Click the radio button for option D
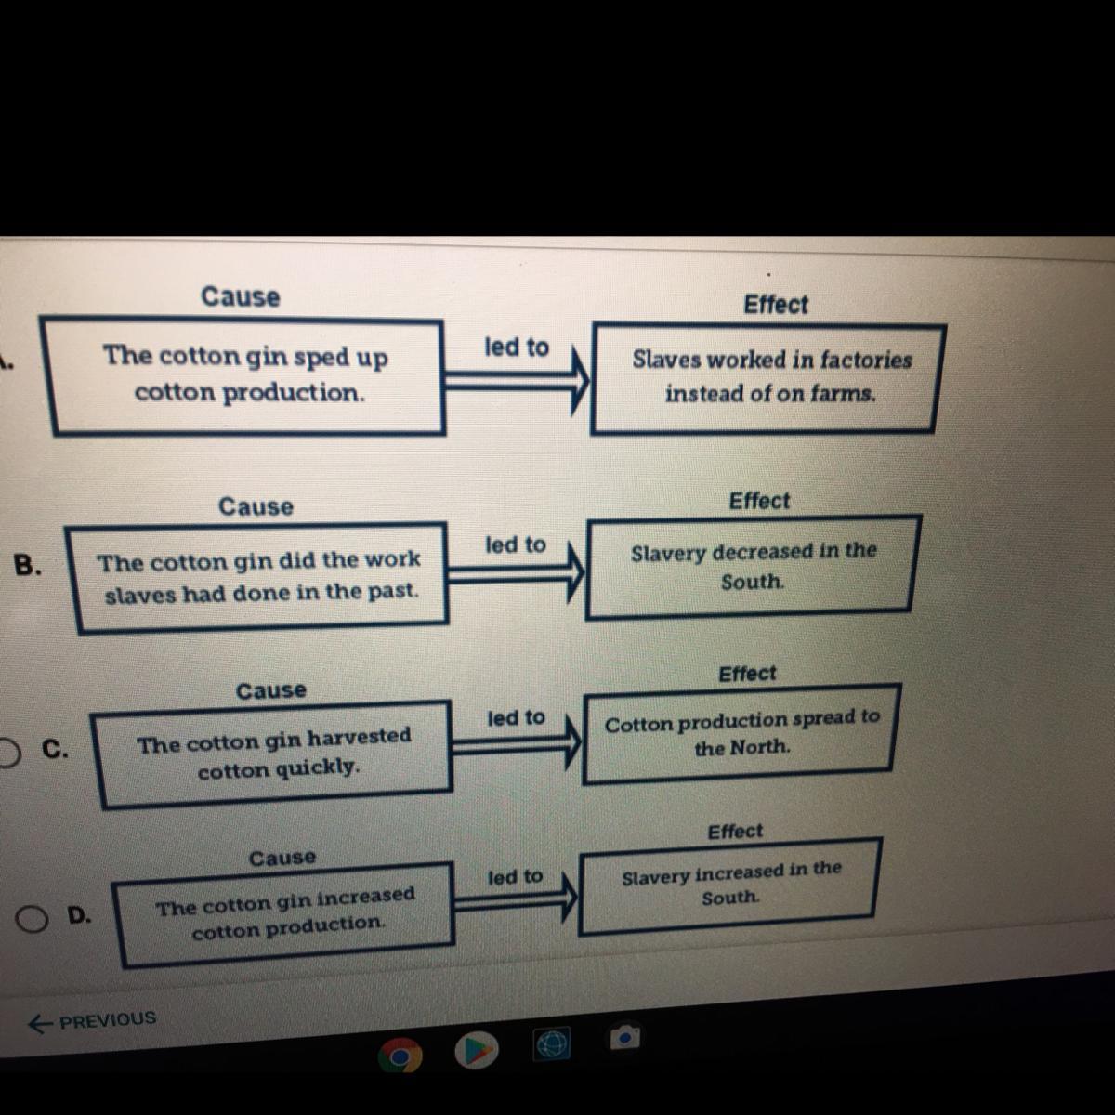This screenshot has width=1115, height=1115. tap(33, 919)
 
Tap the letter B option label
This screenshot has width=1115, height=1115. tap(28, 565)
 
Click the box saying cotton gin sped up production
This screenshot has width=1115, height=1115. tap(247, 375)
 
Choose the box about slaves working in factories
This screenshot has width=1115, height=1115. tap(767, 377)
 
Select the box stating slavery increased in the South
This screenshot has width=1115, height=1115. tap(728, 885)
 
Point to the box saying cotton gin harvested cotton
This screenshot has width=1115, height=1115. tap(275, 754)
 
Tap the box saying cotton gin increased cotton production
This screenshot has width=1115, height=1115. tap(286, 914)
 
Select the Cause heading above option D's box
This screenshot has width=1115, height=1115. tap(282, 858)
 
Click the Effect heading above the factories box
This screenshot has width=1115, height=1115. tap(776, 305)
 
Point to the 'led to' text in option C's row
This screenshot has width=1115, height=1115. tap(516, 718)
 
